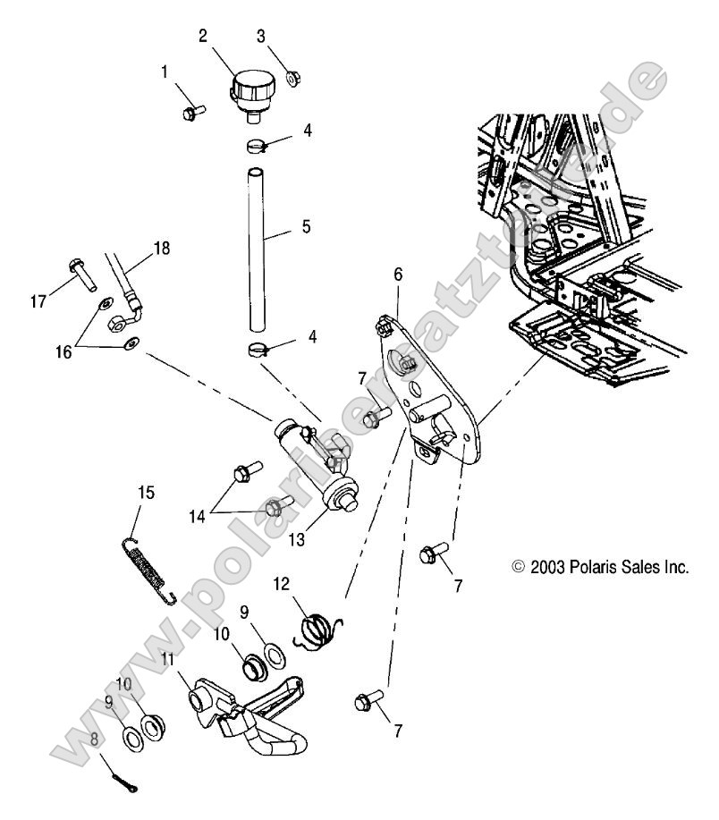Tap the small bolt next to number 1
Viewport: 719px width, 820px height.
point(192,112)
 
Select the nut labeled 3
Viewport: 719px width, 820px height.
point(292,79)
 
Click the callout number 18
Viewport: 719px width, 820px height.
point(162,248)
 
